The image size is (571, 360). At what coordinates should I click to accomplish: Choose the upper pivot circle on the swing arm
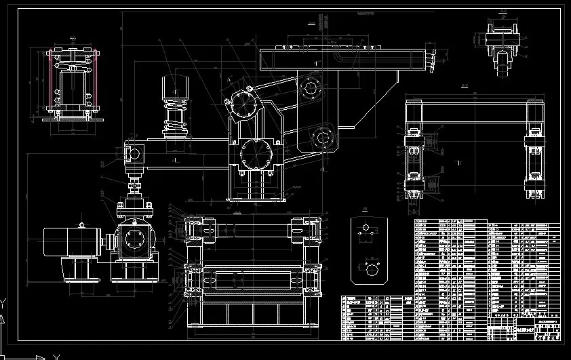click(x=311, y=87)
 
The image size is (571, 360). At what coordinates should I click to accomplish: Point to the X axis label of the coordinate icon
click(x=57, y=356)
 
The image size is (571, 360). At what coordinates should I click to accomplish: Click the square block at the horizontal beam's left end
click(x=134, y=152)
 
